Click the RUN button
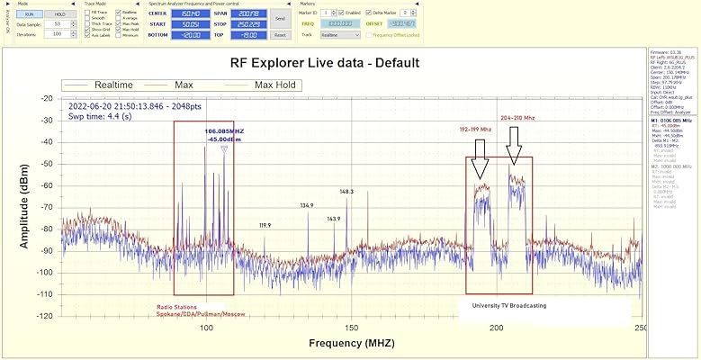[x=29, y=14]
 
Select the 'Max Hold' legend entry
[x=276, y=85]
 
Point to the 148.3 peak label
[x=346, y=192]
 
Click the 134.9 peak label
[x=307, y=206]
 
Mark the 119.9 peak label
[x=265, y=225]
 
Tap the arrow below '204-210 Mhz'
[x=514, y=145]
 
